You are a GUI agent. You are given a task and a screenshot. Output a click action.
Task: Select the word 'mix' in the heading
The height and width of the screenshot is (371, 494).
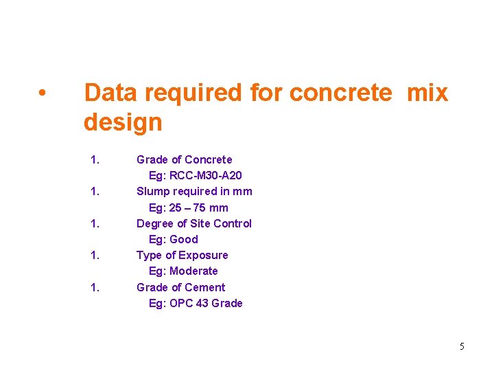(x=427, y=93)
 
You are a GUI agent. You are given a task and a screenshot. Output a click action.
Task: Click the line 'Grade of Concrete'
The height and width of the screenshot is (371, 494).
(x=184, y=159)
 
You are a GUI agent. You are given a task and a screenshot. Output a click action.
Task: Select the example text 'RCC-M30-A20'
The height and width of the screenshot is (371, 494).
(x=205, y=176)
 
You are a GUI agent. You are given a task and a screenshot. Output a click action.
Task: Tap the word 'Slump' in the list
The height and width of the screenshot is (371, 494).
(x=153, y=191)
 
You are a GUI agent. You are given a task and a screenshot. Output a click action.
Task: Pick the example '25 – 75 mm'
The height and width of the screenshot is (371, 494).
(x=200, y=207)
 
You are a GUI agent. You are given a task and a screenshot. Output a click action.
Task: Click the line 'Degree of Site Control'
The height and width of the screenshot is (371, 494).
(x=193, y=223)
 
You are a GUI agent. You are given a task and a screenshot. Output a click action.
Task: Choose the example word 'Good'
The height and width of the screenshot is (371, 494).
(x=183, y=239)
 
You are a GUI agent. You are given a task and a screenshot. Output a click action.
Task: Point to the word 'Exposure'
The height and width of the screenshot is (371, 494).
(x=203, y=255)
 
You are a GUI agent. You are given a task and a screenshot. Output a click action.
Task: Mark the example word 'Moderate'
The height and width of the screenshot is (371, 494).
(x=193, y=271)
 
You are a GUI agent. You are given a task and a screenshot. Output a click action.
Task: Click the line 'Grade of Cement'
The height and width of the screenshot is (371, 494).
(x=180, y=287)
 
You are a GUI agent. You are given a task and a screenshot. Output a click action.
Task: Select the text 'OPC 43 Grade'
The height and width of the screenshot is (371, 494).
(x=206, y=303)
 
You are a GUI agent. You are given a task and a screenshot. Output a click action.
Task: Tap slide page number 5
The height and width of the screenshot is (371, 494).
(x=462, y=346)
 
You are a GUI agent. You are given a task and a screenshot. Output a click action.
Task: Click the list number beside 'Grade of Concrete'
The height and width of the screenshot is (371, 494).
(x=95, y=159)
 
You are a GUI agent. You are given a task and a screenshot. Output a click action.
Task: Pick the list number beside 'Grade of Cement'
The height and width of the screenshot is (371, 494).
(x=95, y=287)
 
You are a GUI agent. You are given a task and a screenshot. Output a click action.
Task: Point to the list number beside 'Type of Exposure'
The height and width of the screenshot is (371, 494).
(x=95, y=255)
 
